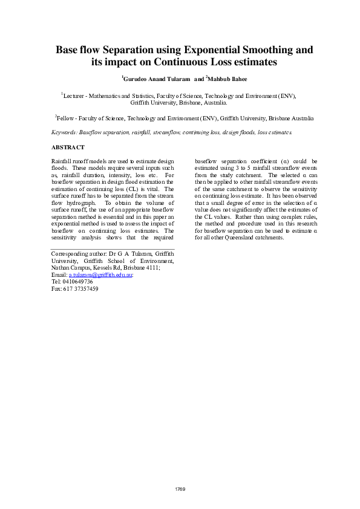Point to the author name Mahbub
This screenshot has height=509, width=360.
coord(222,79)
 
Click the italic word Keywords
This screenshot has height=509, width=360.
coord(64,132)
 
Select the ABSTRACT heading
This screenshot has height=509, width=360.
coord(68,148)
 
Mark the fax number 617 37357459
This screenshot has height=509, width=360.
coord(80,289)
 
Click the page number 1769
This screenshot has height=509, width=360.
coord(180,488)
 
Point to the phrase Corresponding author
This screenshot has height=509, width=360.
coord(79,254)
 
